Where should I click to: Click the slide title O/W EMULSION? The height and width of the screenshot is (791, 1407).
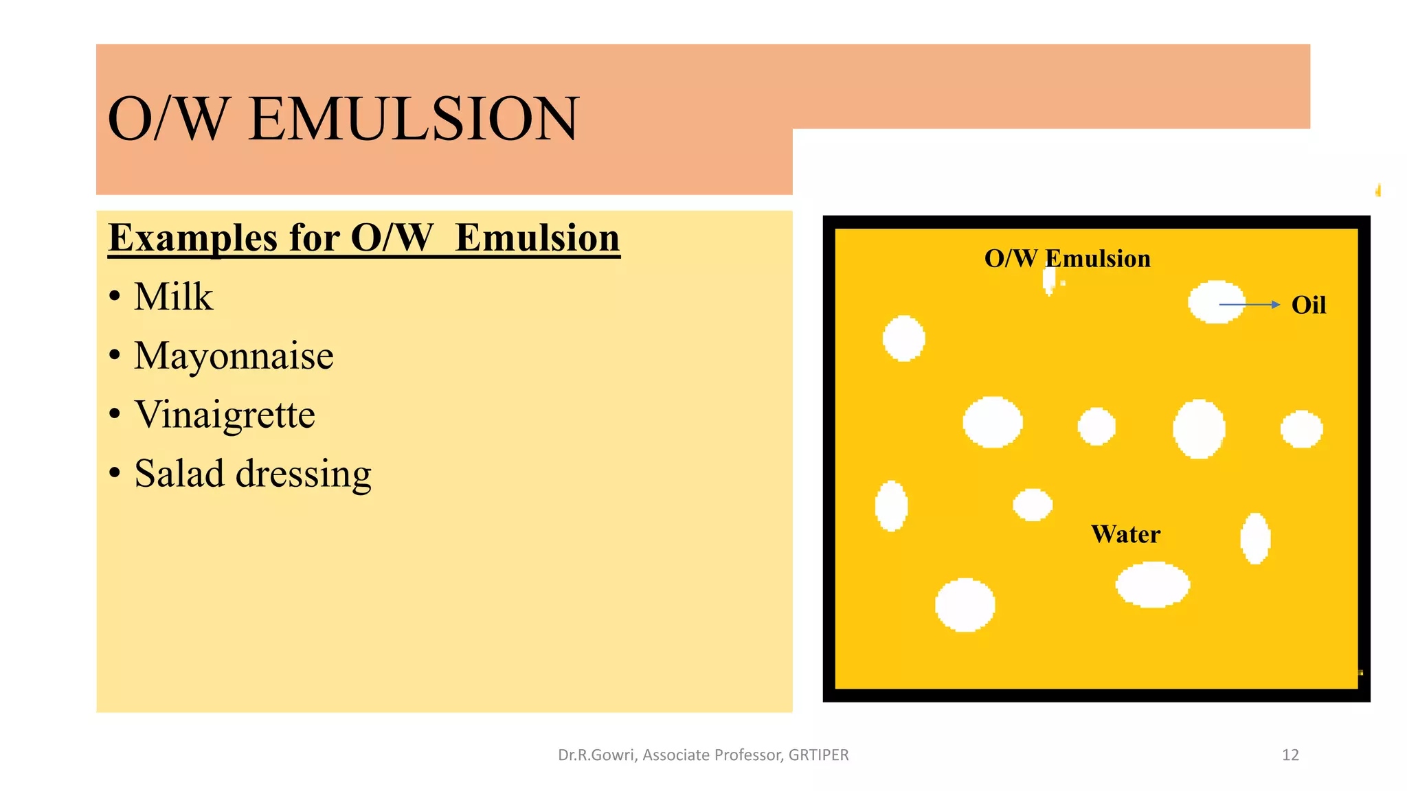pyautogui.click(x=344, y=119)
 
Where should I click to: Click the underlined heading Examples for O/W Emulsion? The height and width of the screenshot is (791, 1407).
pyautogui.click(x=364, y=238)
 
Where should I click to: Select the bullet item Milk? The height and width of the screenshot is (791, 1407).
pyautogui.click(x=173, y=297)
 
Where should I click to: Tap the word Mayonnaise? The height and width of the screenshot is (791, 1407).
pyautogui.click(x=234, y=356)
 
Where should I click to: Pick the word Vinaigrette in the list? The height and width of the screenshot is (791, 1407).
pyautogui.click(x=225, y=415)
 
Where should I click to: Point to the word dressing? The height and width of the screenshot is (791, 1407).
pyautogui.click(x=303, y=474)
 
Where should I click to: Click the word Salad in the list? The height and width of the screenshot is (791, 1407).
pyautogui.click(x=179, y=474)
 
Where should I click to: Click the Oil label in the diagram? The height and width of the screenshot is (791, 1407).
pyautogui.click(x=1308, y=305)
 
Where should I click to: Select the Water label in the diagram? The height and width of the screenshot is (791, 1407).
pyautogui.click(x=1125, y=534)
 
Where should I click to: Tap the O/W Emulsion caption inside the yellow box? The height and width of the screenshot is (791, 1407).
pyautogui.click(x=1067, y=259)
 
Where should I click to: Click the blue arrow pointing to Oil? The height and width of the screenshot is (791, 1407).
pyautogui.click(x=1249, y=304)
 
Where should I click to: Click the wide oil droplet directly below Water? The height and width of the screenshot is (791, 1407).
pyautogui.click(x=1152, y=585)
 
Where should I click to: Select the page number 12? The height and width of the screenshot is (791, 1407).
pyautogui.click(x=1290, y=755)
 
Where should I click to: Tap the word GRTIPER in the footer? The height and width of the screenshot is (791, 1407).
pyautogui.click(x=818, y=755)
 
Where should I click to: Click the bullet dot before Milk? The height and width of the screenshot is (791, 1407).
pyautogui.click(x=115, y=297)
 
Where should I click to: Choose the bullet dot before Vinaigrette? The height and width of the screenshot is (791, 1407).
pyautogui.click(x=115, y=415)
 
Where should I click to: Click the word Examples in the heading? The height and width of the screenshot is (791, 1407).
pyautogui.click(x=193, y=238)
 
